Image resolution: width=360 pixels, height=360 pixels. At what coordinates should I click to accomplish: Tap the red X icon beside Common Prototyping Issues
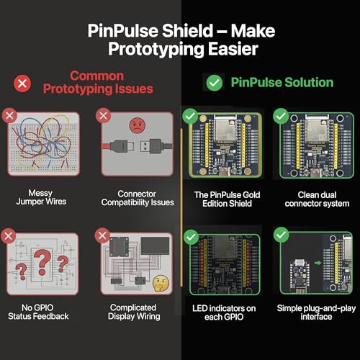(x=22, y=84)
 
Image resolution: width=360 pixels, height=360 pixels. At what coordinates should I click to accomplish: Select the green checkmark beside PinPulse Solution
(x=215, y=83)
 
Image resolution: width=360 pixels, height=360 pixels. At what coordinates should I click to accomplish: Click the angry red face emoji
(x=138, y=125)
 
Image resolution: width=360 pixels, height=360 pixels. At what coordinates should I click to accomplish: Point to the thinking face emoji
(x=161, y=284)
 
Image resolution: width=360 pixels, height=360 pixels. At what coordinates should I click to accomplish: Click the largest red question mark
(x=42, y=262)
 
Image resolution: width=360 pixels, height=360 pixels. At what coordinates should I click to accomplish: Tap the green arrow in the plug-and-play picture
(x=318, y=263)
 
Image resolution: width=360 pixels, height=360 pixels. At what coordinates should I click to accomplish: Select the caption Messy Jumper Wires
(x=41, y=197)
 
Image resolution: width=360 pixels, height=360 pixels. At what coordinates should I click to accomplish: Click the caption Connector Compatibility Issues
(x=138, y=198)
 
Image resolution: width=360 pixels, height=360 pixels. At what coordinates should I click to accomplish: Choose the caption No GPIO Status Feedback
(x=38, y=312)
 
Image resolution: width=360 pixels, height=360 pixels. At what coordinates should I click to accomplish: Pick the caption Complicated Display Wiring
(x=134, y=312)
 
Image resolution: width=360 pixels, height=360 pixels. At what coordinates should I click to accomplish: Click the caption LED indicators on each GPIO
(x=224, y=312)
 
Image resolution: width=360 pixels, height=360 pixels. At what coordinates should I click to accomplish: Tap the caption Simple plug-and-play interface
(x=316, y=312)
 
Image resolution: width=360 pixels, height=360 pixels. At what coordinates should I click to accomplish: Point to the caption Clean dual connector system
(x=317, y=199)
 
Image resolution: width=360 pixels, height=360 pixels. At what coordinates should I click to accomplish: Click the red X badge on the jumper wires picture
(x=9, y=116)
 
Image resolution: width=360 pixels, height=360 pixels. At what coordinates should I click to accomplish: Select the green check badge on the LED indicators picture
(x=191, y=237)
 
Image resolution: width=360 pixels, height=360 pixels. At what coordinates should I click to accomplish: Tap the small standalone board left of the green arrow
(x=300, y=276)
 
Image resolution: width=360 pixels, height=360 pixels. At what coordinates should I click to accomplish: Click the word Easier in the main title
(x=233, y=49)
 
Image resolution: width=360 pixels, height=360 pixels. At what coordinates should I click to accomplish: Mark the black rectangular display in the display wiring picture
(x=155, y=246)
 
